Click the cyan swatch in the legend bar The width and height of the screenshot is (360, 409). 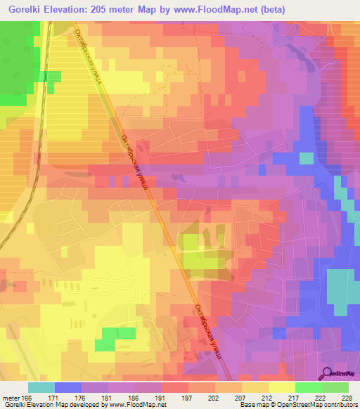click(x=41, y=387)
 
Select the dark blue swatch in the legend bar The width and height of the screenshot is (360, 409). click(x=68, y=387)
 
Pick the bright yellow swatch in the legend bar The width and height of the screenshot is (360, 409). click(x=281, y=387)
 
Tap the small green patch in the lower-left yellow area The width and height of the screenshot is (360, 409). click(x=105, y=339)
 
